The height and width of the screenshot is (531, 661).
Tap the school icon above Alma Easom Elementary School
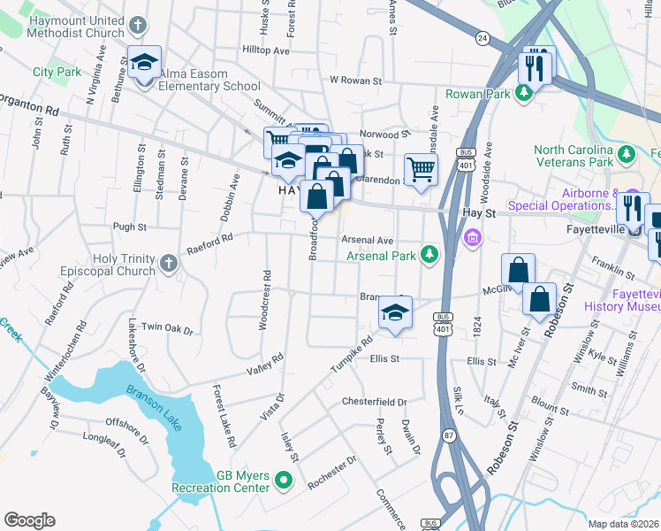144,63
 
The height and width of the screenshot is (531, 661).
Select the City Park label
57,72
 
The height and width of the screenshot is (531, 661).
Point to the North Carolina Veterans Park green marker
627,156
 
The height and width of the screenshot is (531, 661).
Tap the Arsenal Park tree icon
429,256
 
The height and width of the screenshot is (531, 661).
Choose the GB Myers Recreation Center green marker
283,481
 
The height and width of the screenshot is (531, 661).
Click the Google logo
29,519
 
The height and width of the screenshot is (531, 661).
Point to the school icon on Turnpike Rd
395,312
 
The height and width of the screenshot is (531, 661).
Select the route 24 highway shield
482,37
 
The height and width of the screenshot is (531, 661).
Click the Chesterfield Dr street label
374,402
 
